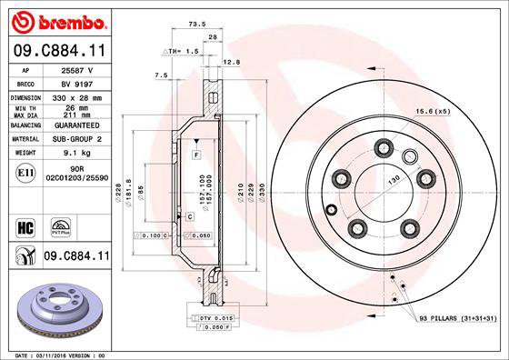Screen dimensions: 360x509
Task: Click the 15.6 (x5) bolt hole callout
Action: [459, 111]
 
